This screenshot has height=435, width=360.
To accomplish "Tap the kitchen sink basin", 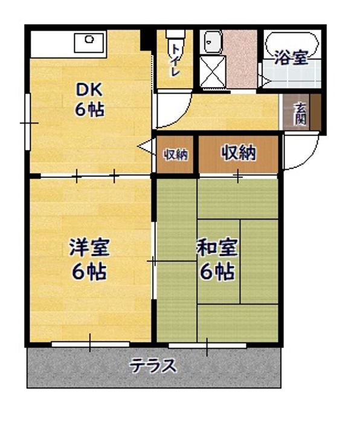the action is click(x=89, y=42).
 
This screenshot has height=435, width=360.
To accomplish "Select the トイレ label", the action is click(x=175, y=60).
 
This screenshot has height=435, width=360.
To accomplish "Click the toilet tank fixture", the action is click(x=175, y=34).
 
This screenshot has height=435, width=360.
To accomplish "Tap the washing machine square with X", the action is click(x=212, y=71).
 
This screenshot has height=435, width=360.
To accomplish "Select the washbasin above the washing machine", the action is click(x=213, y=42).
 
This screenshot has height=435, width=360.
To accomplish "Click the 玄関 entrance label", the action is click(x=300, y=114).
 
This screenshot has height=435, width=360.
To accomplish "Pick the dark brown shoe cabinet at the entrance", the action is click(x=315, y=112).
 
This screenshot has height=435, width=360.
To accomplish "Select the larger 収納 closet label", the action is click(x=239, y=153).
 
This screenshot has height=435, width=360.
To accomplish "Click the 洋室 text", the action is click(x=89, y=247).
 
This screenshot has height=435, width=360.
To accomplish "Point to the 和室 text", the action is click(x=217, y=248).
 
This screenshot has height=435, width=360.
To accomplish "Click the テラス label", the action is click(x=153, y=366).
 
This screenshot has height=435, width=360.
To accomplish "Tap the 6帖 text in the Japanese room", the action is click(x=217, y=272).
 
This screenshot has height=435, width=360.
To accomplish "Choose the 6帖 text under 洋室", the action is click(x=89, y=272).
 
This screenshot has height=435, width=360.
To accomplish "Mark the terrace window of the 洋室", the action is click(x=91, y=344).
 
